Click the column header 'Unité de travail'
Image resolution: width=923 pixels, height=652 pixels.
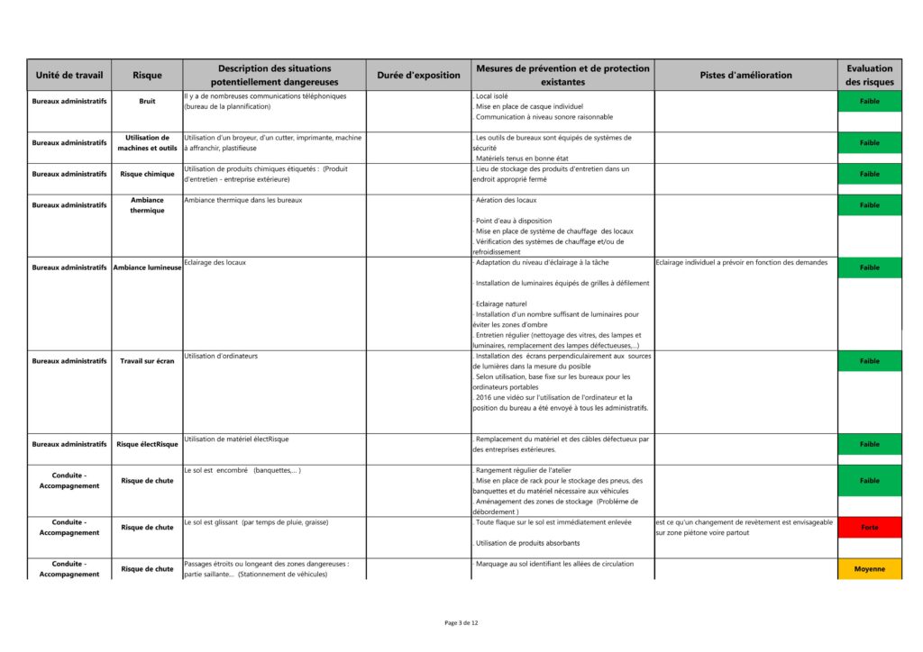click(x=69, y=75)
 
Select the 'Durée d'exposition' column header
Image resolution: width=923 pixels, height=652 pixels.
click(x=418, y=75)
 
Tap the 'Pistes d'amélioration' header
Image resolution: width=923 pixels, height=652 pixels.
click(x=745, y=75)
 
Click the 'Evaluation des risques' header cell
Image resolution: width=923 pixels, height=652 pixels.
click(x=869, y=75)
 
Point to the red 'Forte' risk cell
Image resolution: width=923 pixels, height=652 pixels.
click(x=869, y=528)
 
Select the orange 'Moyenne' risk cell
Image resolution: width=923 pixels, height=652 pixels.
click(x=869, y=569)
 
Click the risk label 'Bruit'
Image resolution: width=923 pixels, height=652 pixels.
click(x=148, y=101)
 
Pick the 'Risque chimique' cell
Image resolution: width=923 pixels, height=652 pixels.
click(x=148, y=174)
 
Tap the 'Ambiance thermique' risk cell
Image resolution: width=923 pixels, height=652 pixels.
click(x=148, y=205)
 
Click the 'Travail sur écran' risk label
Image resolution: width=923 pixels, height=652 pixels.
click(x=148, y=361)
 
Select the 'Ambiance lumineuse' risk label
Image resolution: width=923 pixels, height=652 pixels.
click(x=148, y=267)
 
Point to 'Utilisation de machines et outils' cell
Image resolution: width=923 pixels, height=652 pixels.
click(x=148, y=142)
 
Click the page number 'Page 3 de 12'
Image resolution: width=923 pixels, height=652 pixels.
click(x=461, y=622)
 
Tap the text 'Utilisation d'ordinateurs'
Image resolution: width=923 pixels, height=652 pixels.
click(x=221, y=356)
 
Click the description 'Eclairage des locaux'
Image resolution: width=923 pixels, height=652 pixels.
click(x=215, y=262)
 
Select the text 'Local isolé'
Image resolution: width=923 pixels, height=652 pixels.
click(x=491, y=95)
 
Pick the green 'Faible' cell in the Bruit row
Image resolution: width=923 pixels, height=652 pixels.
click(x=869, y=101)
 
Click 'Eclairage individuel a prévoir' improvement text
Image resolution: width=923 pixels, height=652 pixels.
click(x=741, y=262)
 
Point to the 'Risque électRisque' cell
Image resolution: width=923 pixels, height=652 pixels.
click(x=148, y=444)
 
